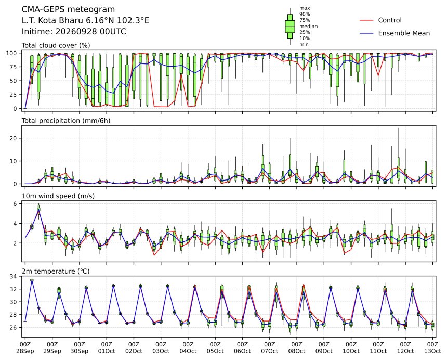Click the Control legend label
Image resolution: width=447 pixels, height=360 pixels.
click(x=390, y=20)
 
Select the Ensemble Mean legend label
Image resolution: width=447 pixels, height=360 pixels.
click(x=404, y=33)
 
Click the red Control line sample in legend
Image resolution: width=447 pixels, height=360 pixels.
click(x=366, y=20)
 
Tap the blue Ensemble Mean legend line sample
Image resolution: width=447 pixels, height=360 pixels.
click(x=366, y=33)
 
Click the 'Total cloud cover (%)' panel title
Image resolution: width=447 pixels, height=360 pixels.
click(x=56, y=45)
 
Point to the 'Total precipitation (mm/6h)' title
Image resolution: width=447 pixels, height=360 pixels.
click(x=66, y=121)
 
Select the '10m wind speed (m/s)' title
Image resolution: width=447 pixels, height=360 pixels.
click(x=58, y=196)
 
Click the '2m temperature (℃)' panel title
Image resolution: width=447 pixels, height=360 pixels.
click(x=56, y=271)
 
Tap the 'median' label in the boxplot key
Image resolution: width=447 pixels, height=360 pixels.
click(x=308, y=26)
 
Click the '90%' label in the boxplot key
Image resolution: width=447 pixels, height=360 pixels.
click(x=305, y=14)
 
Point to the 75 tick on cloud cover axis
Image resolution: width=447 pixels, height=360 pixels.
click(x=13, y=67)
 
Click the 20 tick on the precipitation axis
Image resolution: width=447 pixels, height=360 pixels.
click(x=13, y=138)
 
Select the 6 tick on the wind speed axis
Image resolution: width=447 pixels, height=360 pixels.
click(x=15, y=204)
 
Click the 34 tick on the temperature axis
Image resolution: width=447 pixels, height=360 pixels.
click(x=13, y=276)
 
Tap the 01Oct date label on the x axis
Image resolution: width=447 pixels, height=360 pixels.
click(x=107, y=351)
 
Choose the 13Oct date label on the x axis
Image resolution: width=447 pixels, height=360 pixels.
click(x=432, y=351)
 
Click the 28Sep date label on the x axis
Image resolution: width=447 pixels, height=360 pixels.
click(x=25, y=351)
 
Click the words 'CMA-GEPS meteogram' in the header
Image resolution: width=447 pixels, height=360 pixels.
click(x=69, y=9)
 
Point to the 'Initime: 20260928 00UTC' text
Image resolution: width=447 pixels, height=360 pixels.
click(x=74, y=31)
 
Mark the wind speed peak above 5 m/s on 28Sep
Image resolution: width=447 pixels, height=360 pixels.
click(x=39, y=210)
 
